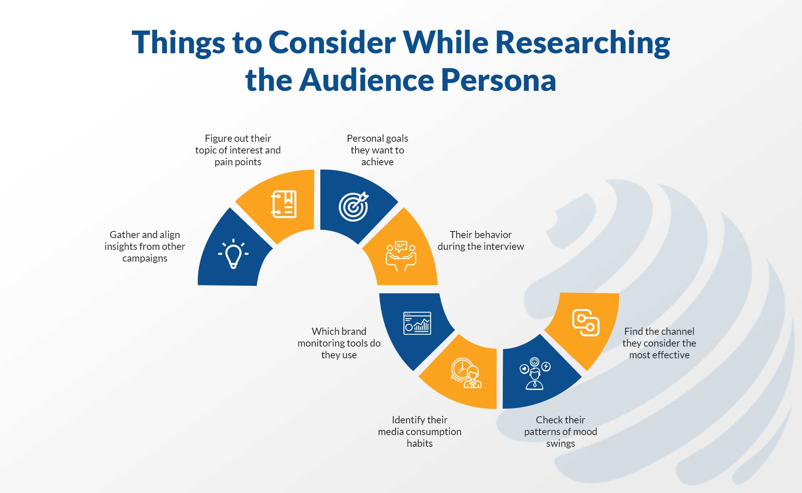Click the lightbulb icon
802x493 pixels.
tap(233, 254)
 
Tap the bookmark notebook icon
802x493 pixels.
tap(284, 204)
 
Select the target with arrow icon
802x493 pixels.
tap(354, 206)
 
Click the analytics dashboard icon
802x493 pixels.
tap(417, 323)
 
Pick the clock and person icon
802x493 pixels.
tap(466, 373)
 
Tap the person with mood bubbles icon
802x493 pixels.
tap(535, 374)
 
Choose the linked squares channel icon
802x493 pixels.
tap(586, 323)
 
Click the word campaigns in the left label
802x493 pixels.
tap(145, 258)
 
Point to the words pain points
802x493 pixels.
tap(238, 162)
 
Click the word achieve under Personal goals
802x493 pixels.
tap(378, 162)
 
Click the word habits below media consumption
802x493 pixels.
tap(420, 443)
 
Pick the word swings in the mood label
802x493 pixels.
tap(561, 444)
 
